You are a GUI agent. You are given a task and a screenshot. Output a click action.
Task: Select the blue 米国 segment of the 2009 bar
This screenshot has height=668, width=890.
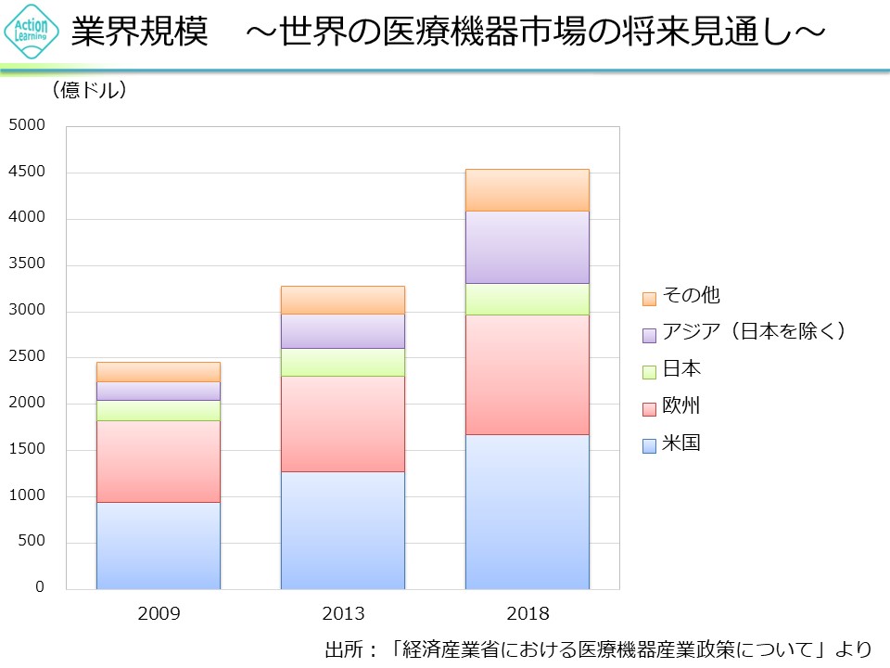158,546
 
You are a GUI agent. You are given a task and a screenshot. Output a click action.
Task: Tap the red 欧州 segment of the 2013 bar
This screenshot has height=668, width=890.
342,423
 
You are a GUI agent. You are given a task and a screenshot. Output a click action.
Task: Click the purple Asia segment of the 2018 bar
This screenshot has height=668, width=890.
527,247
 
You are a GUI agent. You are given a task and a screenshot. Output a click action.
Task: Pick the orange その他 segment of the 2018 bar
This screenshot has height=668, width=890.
527,190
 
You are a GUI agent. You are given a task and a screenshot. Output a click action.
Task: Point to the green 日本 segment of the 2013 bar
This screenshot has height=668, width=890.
342,362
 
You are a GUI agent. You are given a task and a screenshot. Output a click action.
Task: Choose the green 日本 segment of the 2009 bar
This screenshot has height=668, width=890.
158,410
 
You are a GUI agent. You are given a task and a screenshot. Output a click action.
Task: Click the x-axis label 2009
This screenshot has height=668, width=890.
159,614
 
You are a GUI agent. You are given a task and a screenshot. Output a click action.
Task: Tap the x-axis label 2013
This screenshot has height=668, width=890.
343,614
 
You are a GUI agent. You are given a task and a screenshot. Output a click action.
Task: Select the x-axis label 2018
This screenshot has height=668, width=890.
528,614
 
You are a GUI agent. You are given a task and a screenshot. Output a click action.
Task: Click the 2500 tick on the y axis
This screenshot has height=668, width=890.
27,357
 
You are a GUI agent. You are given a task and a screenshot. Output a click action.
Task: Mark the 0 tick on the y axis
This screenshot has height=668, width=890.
40,587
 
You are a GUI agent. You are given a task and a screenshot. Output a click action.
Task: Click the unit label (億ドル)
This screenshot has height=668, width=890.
89,90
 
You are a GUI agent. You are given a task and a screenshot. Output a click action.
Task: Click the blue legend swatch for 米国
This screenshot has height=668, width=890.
649,445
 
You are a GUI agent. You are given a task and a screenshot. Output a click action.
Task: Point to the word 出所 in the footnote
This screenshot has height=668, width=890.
345,648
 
